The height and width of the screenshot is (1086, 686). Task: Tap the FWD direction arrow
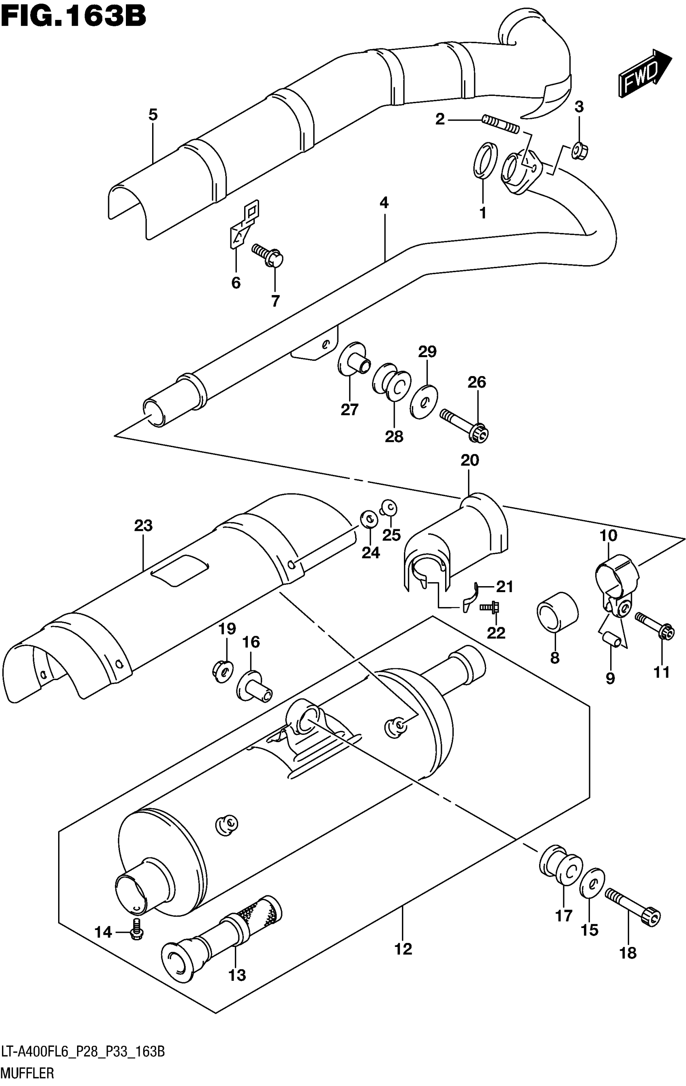coord(644,73)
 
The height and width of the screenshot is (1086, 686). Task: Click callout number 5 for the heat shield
coord(153,115)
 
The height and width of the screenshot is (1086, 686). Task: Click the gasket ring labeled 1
coord(485,160)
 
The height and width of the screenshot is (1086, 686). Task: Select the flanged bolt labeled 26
coord(465,425)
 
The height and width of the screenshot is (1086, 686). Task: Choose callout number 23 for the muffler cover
coord(143,526)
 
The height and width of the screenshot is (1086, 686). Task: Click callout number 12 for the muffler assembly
coord(403,949)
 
